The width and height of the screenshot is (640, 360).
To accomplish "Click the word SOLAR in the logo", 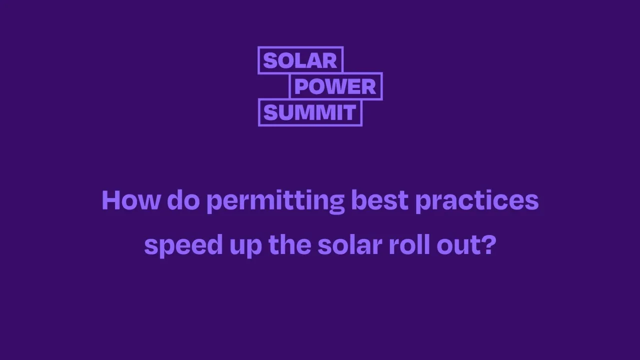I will (300, 60).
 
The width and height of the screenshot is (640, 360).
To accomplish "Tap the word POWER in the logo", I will (335, 86).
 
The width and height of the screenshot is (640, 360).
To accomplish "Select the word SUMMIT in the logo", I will (309, 112).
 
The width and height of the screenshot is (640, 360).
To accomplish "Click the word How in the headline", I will (131, 200).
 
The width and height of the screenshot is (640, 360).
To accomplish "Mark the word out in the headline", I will (457, 245).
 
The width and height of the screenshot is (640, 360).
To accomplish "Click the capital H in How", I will (111, 200).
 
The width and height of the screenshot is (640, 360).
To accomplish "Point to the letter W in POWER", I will (339, 86).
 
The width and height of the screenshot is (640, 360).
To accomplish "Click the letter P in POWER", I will (301, 86).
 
